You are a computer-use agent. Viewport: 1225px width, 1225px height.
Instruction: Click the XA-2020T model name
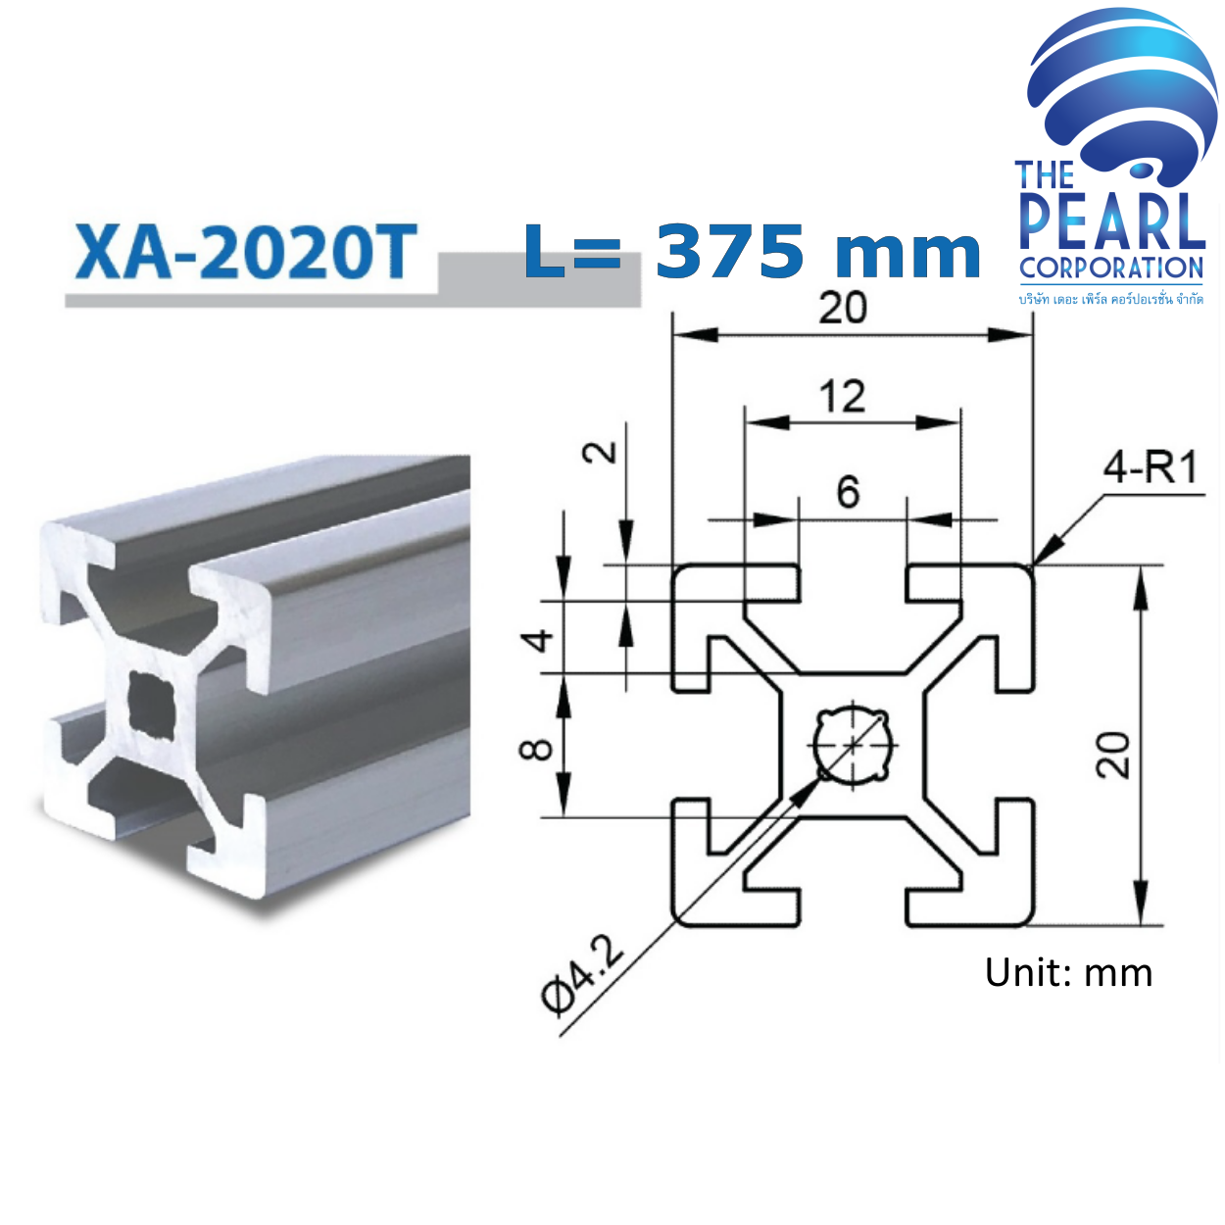point(246,252)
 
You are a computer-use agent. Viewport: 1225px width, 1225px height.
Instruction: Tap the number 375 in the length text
point(729,251)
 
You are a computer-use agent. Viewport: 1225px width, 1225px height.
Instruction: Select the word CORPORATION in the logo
point(1110,268)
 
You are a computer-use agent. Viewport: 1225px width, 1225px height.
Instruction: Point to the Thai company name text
point(1110,298)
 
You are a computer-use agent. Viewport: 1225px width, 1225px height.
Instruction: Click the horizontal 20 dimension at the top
point(843,309)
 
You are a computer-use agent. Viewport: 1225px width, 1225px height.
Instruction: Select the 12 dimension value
point(843,397)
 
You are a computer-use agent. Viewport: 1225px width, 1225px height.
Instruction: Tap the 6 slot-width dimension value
point(848,491)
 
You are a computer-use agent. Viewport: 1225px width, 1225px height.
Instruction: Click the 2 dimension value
point(601,452)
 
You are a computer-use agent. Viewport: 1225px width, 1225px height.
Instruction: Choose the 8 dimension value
point(536,750)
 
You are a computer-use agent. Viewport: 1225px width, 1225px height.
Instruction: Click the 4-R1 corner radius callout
point(1151,467)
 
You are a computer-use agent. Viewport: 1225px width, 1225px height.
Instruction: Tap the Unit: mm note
point(1068,972)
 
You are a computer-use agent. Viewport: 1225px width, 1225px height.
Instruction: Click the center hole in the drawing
point(854,744)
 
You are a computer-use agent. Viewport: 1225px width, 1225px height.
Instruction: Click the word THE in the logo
point(1045,175)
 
